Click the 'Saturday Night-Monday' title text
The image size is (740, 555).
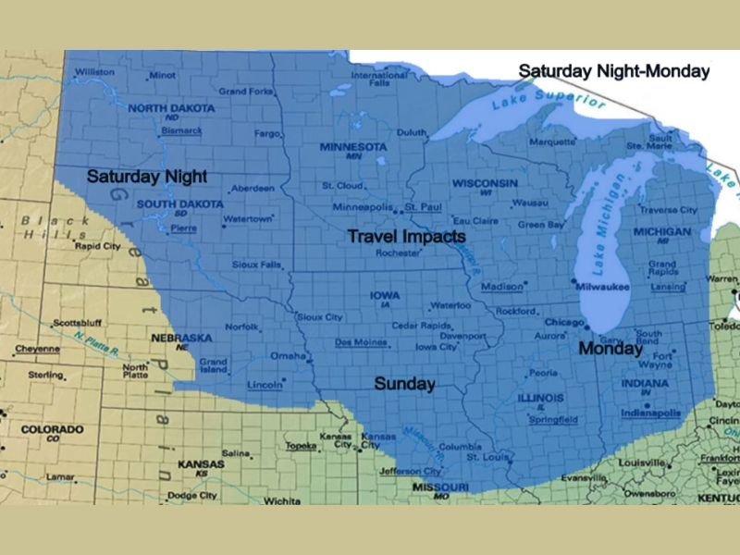[613, 71]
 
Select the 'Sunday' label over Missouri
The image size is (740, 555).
[404, 384]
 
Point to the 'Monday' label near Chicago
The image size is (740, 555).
[610, 350]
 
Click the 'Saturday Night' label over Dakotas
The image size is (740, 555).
[146, 176]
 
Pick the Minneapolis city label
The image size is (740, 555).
[363, 206]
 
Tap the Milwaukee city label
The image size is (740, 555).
[601, 288]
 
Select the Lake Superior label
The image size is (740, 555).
[549, 95]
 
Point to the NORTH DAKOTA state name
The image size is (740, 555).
[171, 108]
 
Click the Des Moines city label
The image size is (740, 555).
[361, 342]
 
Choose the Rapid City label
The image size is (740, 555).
[97, 247]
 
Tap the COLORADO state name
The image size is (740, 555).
[52, 430]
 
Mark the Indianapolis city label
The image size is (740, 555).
[649, 413]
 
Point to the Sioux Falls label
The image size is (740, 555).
[256, 265]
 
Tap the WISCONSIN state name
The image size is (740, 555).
[484, 183]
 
